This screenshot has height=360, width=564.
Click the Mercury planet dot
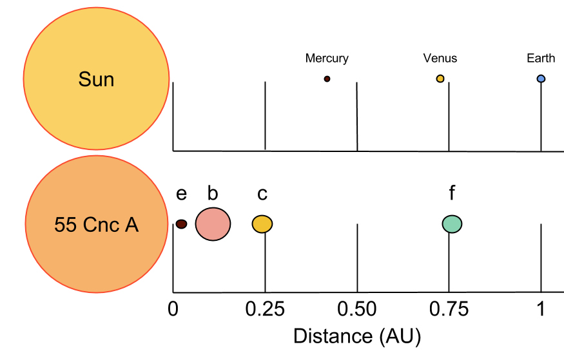(x=327, y=79)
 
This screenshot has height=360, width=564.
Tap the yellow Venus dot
(x=440, y=79)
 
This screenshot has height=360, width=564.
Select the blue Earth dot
(x=541, y=79)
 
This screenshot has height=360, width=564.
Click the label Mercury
(x=327, y=59)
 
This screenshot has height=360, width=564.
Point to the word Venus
(x=440, y=59)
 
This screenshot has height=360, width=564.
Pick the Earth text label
(x=541, y=59)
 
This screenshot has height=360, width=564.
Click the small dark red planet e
(x=182, y=224)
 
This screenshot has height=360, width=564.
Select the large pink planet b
(x=213, y=224)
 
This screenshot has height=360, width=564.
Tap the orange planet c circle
(x=262, y=224)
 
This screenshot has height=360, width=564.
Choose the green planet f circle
(x=452, y=224)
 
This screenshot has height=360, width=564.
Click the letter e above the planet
(x=182, y=194)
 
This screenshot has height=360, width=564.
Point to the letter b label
(x=213, y=193)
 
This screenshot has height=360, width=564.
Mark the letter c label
(x=262, y=194)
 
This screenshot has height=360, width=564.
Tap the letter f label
(x=452, y=193)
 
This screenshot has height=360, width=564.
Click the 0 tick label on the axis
(x=173, y=308)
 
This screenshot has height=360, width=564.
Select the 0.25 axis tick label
(x=265, y=308)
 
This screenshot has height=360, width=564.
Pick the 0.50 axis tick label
(x=357, y=308)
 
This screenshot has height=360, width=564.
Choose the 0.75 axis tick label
(x=449, y=308)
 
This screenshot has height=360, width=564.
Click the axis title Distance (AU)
(x=357, y=336)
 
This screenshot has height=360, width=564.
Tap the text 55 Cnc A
(x=96, y=225)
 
